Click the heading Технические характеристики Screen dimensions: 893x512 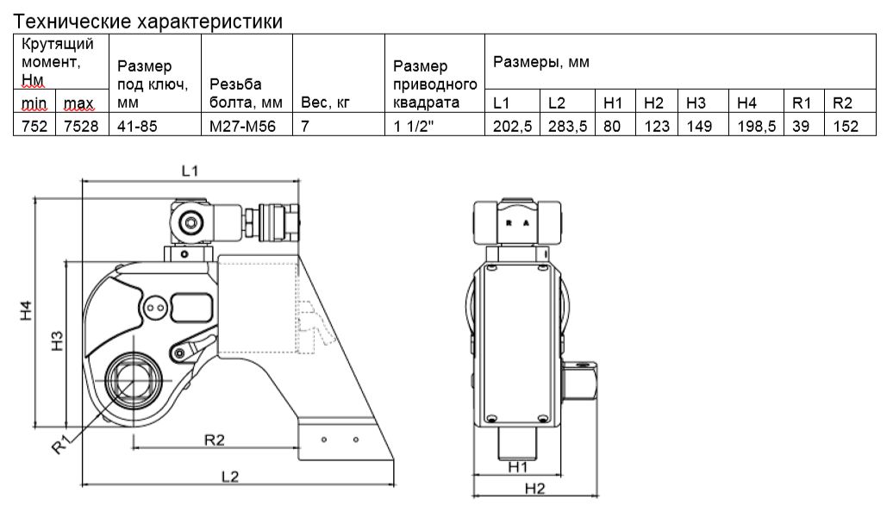click(147, 22)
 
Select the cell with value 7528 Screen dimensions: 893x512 click(81, 126)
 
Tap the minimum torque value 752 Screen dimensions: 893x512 click(34, 126)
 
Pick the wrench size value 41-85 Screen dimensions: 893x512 click(137, 126)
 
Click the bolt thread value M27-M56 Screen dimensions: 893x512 click(242, 126)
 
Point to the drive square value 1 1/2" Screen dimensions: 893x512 click(414, 126)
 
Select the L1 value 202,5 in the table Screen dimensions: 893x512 click(513, 126)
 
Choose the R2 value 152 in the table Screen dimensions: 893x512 click(846, 126)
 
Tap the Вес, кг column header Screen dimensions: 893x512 click(325, 103)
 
